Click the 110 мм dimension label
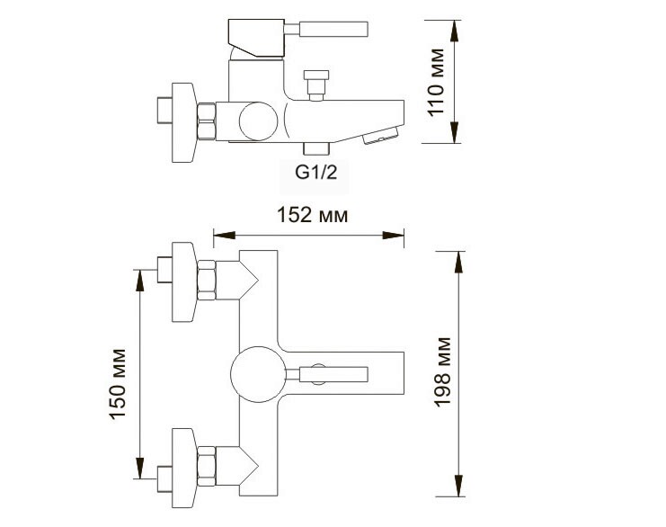[435, 88]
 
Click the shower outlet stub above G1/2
[316, 148]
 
